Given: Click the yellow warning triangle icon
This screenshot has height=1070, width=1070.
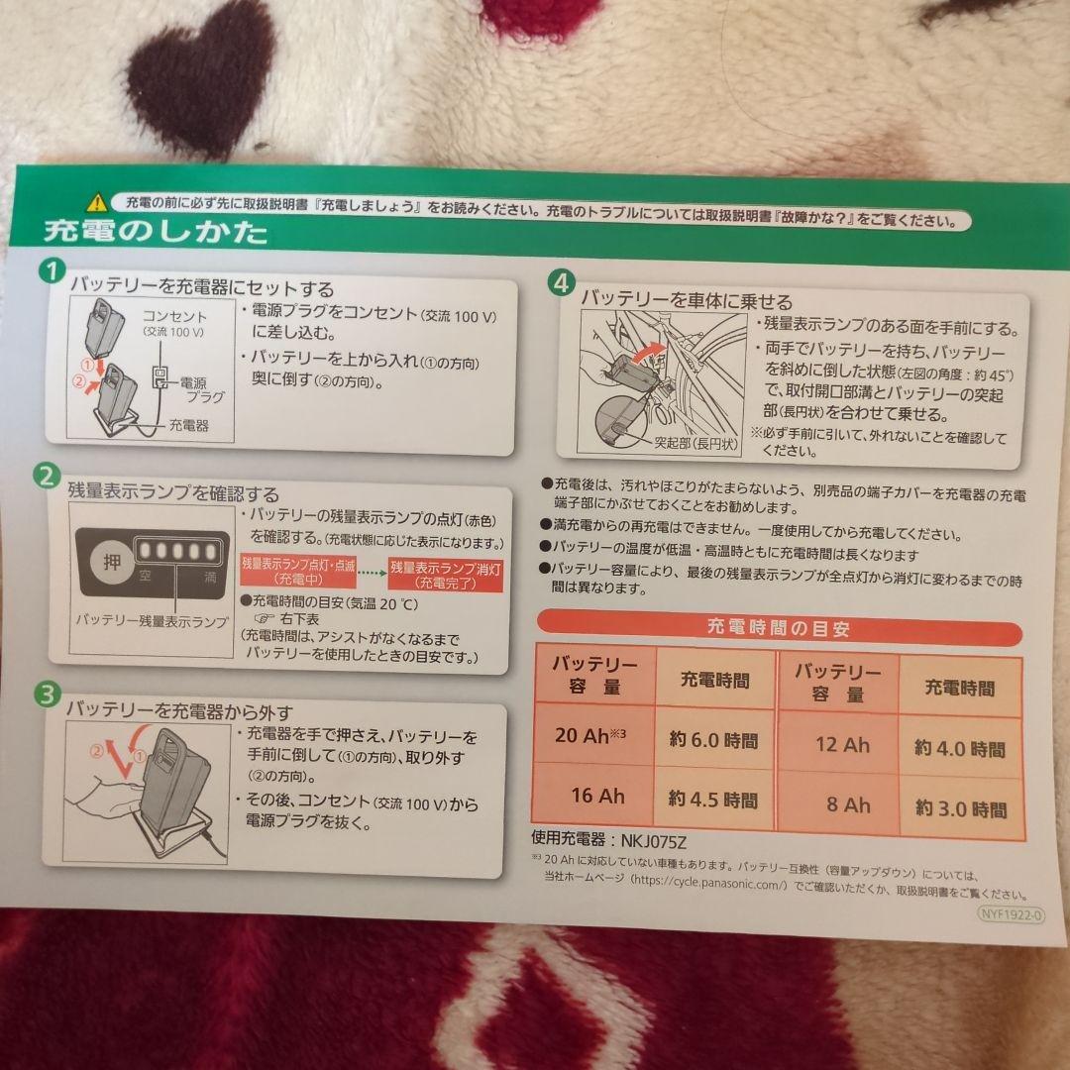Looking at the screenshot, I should [95, 202].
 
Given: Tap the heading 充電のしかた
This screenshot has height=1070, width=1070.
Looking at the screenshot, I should [155, 234].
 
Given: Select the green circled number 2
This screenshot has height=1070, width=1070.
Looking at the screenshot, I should [46, 476].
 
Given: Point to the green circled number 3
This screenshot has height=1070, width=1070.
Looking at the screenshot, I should [46, 694].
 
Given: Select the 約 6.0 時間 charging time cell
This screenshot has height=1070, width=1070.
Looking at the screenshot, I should [713, 739].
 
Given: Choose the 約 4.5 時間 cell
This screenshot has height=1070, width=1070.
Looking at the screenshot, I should [713, 799].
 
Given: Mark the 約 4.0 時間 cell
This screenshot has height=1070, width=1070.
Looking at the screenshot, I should [959, 749].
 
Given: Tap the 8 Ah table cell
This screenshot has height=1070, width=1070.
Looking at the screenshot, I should [848, 804].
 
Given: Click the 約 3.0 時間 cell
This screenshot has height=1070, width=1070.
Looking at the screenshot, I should [959, 808].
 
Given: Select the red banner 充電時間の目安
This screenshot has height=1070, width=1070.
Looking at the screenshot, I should [778, 628].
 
